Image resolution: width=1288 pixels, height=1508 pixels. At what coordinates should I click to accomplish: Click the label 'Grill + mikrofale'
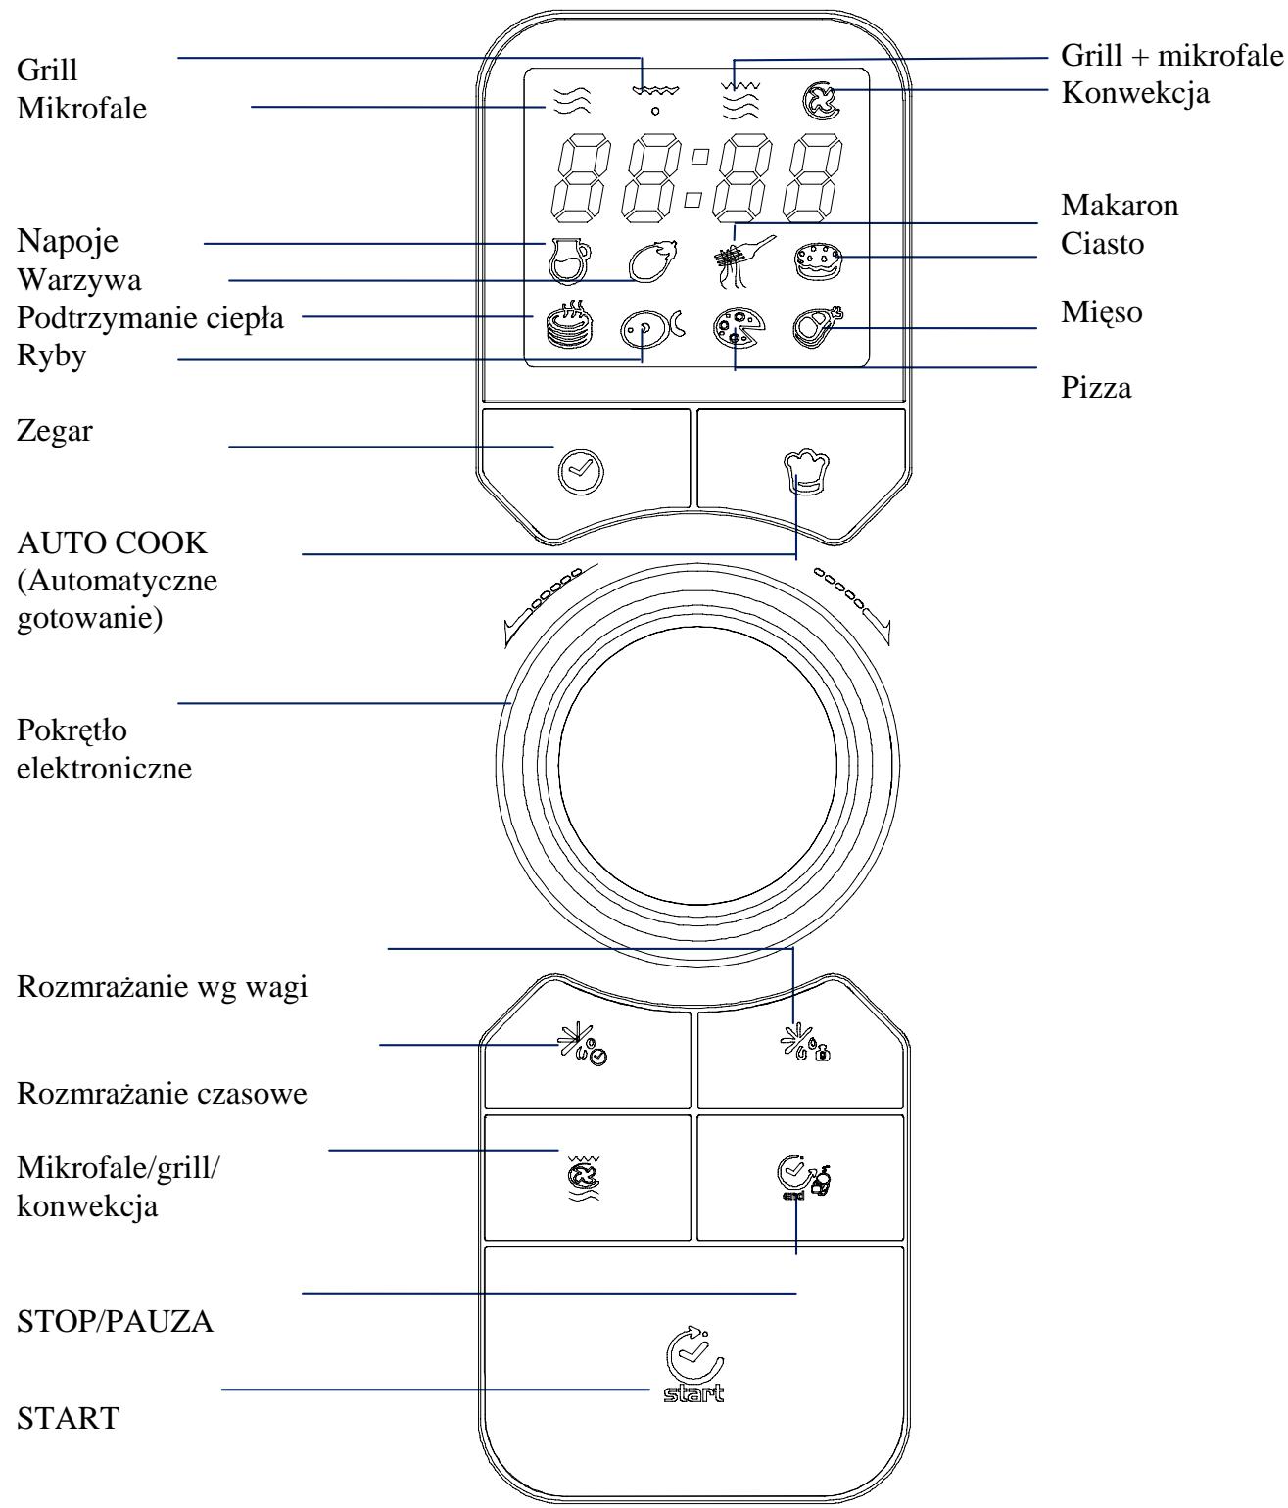[1172, 54]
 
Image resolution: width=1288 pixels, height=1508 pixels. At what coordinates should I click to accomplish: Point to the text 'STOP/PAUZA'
[116, 1322]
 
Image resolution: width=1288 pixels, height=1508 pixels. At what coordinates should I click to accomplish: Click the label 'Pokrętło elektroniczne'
[105, 749]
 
